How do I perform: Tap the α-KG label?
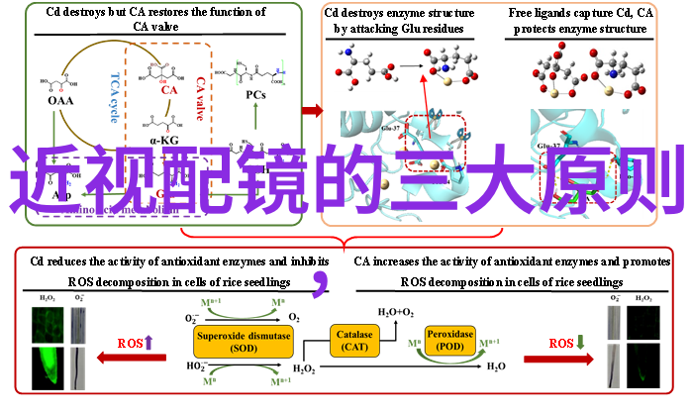pyautogui.click(x=164, y=140)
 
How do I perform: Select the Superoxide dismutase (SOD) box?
pyautogui.click(x=243, y=342)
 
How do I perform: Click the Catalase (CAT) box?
pyautogui.click(x=353, y=342)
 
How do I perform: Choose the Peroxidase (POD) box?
pyautogui.click(x=450, y=341)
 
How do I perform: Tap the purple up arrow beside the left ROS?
pyautogui.click(x=149, y=343)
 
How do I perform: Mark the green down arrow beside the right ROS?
pyautogui.click(x=581, y=343)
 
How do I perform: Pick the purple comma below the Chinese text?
pyautogui.click(x=321, y=282)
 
